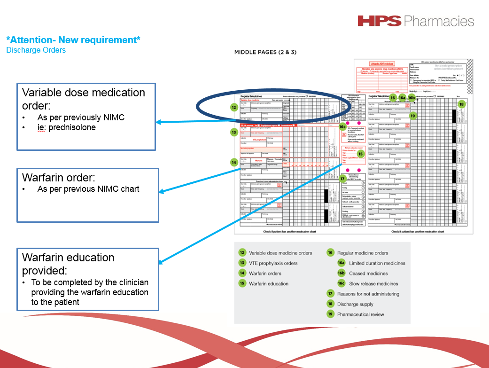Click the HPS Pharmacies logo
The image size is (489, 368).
(415, 21)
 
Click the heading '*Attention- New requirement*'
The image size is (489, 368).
(73, 40)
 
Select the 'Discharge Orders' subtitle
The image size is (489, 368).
(36, 50)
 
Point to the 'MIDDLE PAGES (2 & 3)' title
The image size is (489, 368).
(265, 52)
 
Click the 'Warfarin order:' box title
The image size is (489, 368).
(59, 178)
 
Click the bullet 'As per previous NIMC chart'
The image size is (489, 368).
(88, 189)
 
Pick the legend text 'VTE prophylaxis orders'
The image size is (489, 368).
(273, 263)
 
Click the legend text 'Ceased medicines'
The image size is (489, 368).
(368, 274)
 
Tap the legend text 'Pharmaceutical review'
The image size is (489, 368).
(360, 314)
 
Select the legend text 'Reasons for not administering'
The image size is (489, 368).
(368, 294)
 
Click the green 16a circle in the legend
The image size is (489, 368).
(341, 263)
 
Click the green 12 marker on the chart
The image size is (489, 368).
(233, 107)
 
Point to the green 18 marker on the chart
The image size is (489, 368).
(461, 104)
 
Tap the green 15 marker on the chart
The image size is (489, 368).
(360, 154)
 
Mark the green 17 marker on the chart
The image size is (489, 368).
(343, 179)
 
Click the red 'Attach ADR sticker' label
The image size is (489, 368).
(382, 63)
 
